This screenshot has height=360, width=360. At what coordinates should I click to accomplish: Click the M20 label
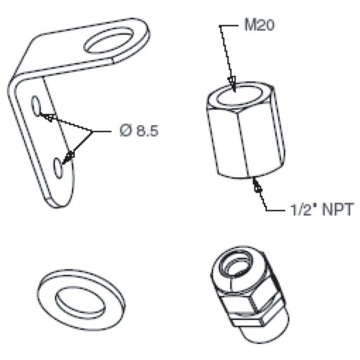259,25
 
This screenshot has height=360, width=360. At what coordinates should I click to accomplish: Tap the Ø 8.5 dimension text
139,131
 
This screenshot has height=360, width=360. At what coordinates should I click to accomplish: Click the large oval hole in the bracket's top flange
109,41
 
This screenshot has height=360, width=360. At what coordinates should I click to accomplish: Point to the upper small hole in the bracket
36,106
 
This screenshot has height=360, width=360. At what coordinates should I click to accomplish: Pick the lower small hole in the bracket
58,168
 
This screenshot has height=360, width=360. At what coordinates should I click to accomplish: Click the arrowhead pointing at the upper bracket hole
48,117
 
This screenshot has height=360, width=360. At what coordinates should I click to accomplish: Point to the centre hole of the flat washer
80,301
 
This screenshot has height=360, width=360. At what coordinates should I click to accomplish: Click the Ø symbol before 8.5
126,131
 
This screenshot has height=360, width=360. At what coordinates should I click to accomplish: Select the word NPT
337,209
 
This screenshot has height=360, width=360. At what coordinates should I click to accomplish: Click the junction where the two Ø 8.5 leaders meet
92,132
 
